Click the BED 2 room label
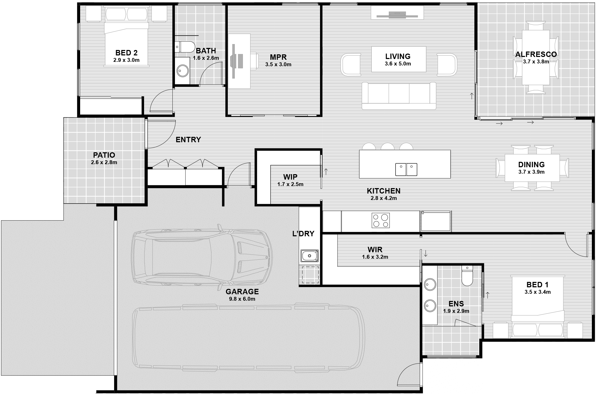(126, 53)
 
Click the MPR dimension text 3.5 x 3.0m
(278, 64)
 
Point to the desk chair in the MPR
(254, 61)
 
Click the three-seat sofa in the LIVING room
(399, 96)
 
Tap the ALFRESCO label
(536, 54)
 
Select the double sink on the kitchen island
(406, 169)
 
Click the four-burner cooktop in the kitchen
(381, 220)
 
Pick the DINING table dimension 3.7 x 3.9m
(532, 172)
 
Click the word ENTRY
(188, 140)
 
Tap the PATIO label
(104, 155)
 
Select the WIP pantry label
(290, 177)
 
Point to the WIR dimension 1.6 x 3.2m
(375, 257)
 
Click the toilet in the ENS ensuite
(467, 276)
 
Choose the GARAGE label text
(242, 291)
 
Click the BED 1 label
(538, 285)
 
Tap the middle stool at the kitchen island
(387, 146)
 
